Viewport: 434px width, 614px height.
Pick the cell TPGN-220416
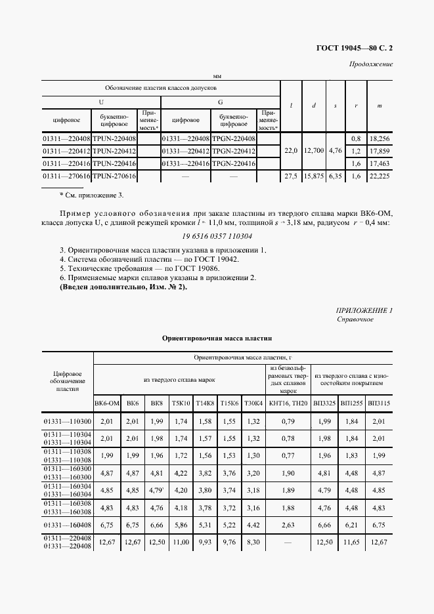click(234, 163)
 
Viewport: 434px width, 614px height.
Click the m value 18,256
click(380, 139)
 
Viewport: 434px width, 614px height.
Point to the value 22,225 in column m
click(380, 176)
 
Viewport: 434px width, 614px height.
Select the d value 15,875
click(314, 176)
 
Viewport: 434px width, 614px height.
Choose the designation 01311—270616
click(66, 176)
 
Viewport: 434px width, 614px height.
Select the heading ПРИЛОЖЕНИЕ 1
click(364, 310)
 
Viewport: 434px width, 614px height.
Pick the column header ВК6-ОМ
click(107, 403)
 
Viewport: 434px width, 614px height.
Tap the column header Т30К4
click(253, 403)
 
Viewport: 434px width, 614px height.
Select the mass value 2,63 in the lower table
click(288, 525)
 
